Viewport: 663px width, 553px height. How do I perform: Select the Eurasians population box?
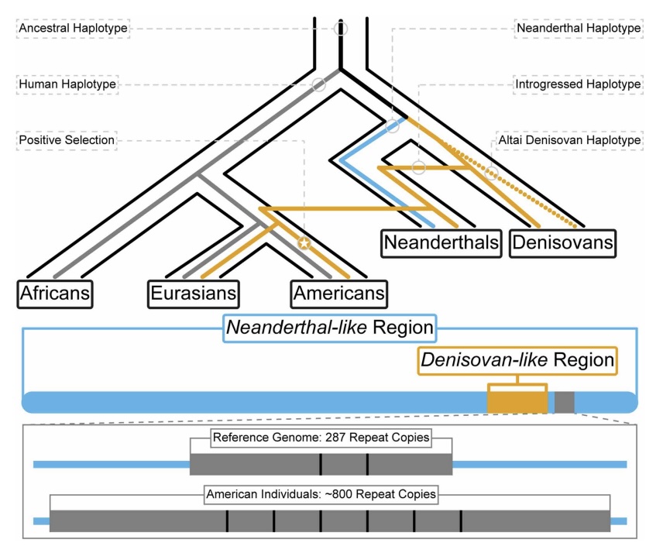(194, 294)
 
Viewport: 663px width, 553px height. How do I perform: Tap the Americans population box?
(338, 294)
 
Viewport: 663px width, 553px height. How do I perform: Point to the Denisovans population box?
(563, 243)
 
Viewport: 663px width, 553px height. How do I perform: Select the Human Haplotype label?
(67, 84)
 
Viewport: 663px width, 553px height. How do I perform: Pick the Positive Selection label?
(67, 140)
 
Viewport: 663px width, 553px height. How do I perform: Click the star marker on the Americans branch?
(304, 244)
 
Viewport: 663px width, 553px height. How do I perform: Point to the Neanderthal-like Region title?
(329, 328)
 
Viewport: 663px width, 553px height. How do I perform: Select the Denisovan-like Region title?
(517, 359)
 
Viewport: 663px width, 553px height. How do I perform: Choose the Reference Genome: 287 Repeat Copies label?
(321, 438)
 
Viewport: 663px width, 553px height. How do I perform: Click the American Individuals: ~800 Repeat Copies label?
(321, 493)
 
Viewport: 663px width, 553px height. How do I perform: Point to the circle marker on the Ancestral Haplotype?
(341, 29)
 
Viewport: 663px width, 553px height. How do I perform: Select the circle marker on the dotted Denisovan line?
(491, 173)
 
